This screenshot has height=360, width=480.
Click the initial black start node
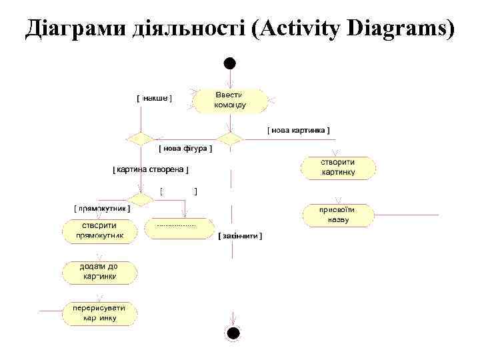coord(229,64)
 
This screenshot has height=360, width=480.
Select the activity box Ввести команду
coord(230,101)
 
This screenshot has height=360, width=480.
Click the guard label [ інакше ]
coord(154,98)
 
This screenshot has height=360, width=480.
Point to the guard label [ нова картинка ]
coord(298,130)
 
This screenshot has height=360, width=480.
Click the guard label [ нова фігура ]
coord(185,149)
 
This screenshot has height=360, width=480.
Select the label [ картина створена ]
coord(151,170)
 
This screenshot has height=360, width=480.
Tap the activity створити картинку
coord(338,167)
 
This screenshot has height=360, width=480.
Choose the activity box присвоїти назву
coord(338,215)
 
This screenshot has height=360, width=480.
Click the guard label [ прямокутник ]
coord(102,208)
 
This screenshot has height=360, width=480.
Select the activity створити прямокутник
coord(100,230)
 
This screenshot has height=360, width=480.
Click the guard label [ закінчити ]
coord(241,236)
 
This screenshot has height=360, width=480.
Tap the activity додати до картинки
coord(99,272)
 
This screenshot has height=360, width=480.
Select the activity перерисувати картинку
coord(99,313)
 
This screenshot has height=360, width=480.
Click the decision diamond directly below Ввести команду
coord(230,139)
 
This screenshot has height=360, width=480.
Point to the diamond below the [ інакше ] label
coord(141,139)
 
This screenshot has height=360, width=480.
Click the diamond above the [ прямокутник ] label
coord(141,199)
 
